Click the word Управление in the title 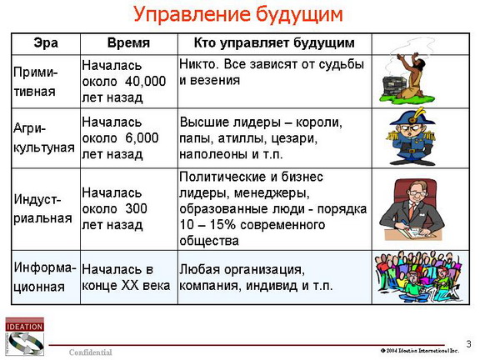(x=191, y=14)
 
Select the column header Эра (x=46, y=42)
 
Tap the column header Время (x=128, y=42)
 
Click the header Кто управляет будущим (x=274, y=43)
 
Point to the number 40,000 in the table (x=145, y=81)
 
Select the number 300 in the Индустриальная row (x=136, y=209)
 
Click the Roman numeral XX (x=130, y=285)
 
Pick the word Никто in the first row (x=199, y=64)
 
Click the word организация (x=264, y=270)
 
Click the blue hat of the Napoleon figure (x=412, y=118)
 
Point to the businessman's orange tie (x=412, y=211)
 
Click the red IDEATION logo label (x=24, y=326)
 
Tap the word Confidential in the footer (x=91, y=352)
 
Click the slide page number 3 (x=468, y=344)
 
